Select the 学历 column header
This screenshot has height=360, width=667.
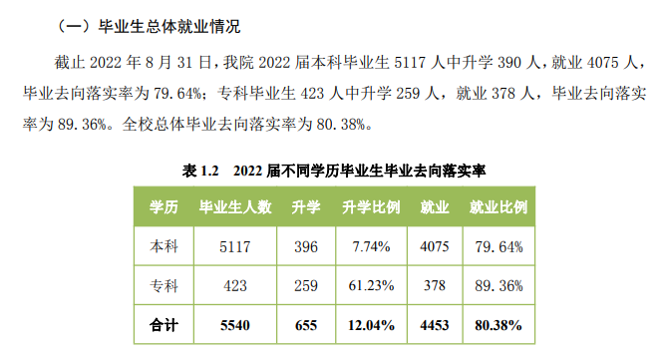point(164,208)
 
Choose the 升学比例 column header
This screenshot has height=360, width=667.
point(371,208)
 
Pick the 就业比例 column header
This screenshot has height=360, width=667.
point(498,208)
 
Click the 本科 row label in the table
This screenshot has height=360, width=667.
point(164,245)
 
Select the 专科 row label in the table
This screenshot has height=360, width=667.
point(164,286)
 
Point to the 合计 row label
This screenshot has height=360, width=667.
point(164,325)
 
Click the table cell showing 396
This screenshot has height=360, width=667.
point(305,245)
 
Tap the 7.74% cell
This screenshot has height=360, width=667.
point(371,245)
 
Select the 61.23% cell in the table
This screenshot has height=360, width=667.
point(371,286)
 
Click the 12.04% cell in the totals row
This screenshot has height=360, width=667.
point(371,325)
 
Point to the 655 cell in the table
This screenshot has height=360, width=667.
point(305,325)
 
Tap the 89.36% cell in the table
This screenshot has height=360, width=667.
point(498,286)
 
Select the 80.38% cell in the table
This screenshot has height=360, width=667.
point(498,325)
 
